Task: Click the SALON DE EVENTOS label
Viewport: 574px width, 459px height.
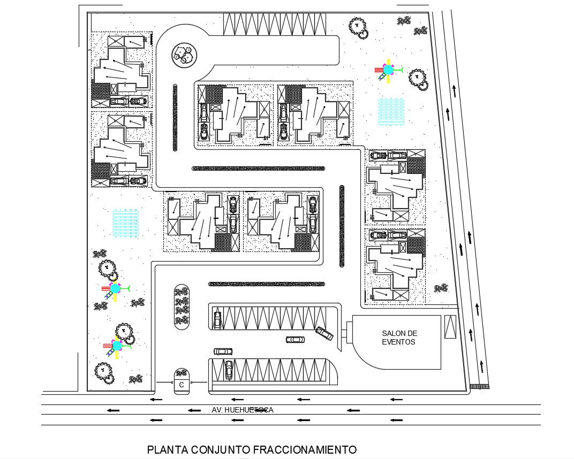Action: click(399, 338)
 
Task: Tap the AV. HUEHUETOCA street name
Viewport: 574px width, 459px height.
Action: click(242, 410)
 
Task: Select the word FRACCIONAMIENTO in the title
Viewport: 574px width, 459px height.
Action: click(304, 449)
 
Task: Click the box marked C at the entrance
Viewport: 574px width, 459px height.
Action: click(182, 385)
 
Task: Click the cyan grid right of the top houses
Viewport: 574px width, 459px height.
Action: click(391, 111)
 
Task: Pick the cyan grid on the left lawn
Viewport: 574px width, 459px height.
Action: click(126, 221)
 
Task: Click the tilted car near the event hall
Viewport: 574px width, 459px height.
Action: click(324, 332)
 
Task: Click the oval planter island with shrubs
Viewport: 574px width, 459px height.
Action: click(182, 307)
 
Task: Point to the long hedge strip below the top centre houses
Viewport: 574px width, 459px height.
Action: click(258, 169)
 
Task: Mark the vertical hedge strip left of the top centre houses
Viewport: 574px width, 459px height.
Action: click(175, 117)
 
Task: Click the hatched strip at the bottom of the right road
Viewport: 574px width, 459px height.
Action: click(479, 385)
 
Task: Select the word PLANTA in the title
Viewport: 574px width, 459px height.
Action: click(166, 449)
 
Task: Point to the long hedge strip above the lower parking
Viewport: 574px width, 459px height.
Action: click(266, 284)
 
